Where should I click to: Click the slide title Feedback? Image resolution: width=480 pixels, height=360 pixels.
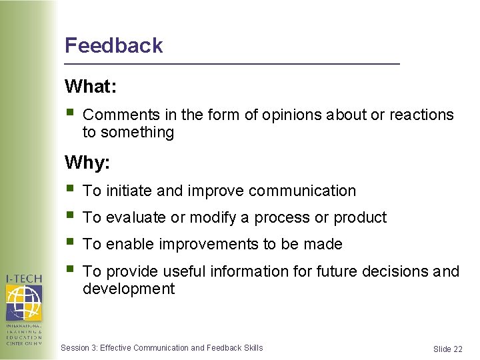click(113, 45)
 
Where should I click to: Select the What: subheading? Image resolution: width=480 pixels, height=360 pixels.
click(90, 87)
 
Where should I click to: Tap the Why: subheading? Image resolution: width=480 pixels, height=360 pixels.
click(87, 162)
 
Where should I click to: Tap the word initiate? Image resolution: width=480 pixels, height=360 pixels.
click(128, 191)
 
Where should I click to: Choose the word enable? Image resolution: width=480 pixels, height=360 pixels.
click(131, 245)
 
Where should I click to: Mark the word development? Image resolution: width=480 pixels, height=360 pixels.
click(129, 289)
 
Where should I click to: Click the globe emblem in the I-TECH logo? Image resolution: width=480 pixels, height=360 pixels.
click(24, 302)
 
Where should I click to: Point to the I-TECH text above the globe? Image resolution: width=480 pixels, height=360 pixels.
click(24, 279)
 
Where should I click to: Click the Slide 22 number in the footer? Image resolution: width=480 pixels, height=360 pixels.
click(447, 349)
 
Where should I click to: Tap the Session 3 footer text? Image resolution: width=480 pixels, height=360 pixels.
click(161, 348)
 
